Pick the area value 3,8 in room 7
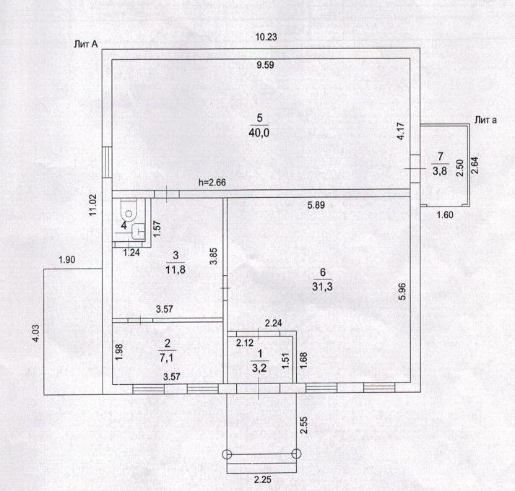(x=438, y=170)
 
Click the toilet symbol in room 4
(x=129, y=212)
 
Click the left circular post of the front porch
(x=227, y=453)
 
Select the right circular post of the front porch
(x=296, y=453)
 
